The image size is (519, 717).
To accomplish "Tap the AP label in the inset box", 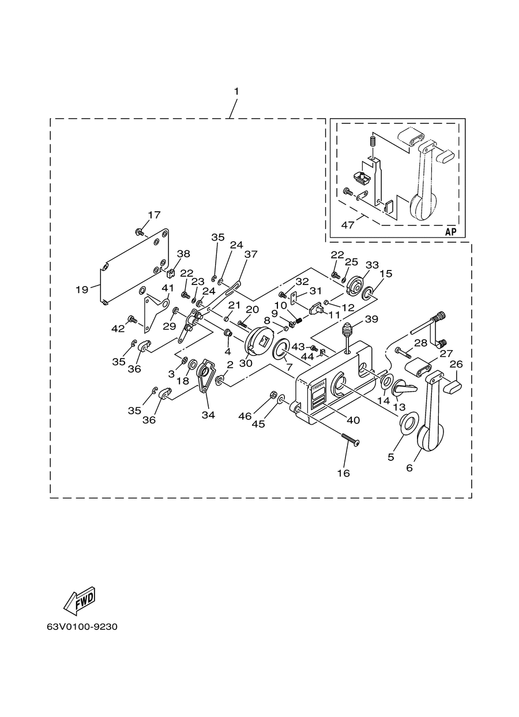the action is point(451,232).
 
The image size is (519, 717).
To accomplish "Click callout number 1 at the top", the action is point(236,92).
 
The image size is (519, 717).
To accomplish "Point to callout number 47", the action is point(348,226).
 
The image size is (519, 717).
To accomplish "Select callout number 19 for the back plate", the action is point(81,290).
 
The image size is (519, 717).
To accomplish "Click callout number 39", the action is point(371,319).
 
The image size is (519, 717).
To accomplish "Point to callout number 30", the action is point(246,363).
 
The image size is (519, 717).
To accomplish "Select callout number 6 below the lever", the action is point(409,468).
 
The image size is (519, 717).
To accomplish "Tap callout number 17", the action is point(154,215).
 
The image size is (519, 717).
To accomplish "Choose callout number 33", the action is point(372,265).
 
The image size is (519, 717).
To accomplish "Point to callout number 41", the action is point(168,288).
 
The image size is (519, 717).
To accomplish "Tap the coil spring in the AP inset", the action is point(371,141).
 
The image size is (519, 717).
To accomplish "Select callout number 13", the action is point(399,407).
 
